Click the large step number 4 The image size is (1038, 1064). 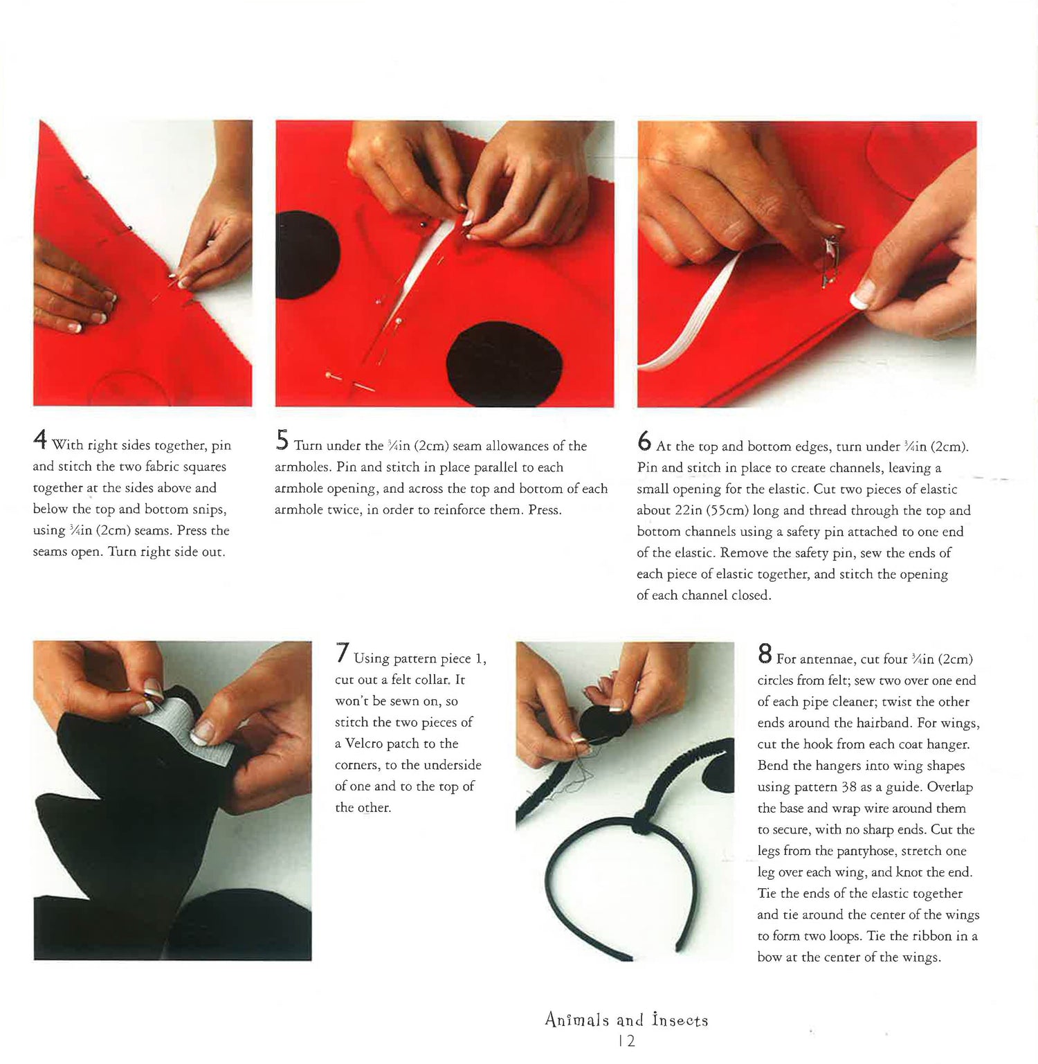pos(40,440)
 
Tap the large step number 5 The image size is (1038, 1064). pos(282,440)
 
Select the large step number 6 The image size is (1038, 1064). pos(644,441)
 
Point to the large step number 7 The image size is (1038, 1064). pos(342,653)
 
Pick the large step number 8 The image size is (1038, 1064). pos(765,653)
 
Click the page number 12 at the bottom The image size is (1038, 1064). pos(628,1040)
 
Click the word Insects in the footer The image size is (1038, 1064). pos(680,1020)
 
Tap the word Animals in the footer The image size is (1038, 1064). pos(577,1020)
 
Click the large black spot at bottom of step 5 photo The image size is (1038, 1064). pos(495,363)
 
